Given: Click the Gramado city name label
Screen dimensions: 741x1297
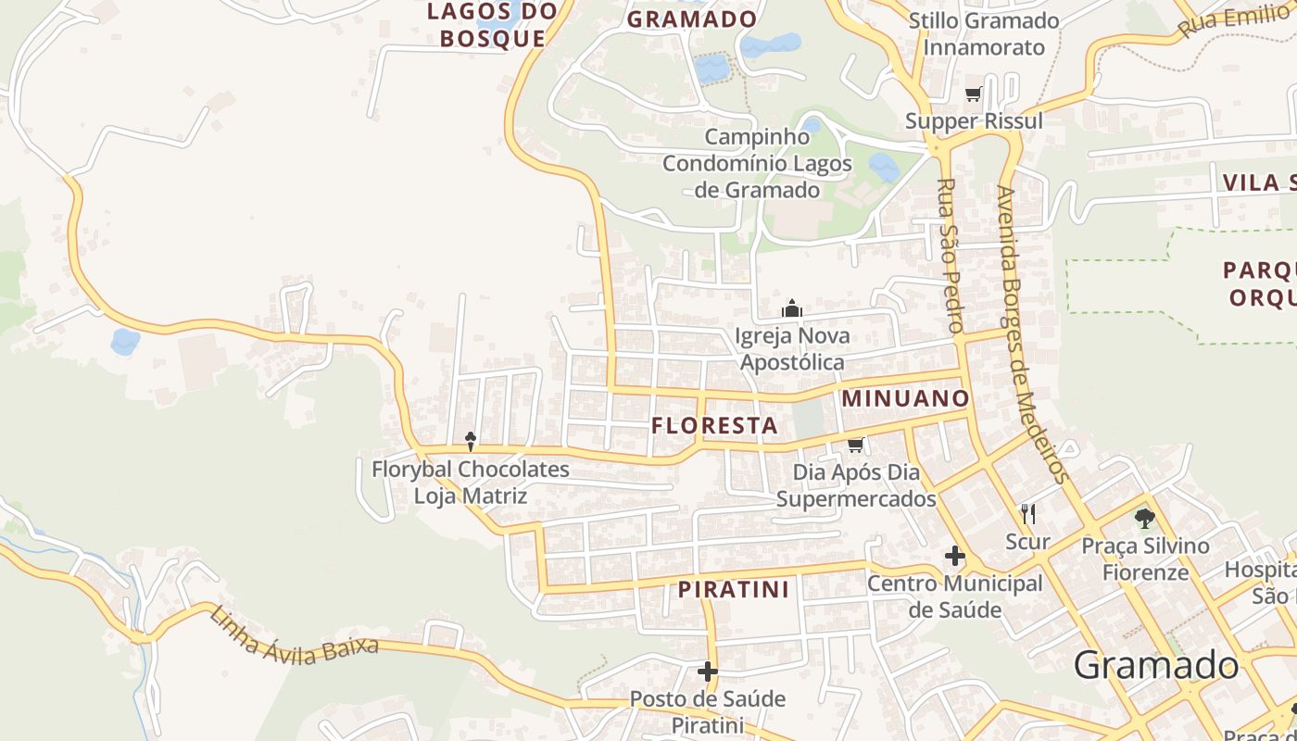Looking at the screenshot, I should coord(1155,665).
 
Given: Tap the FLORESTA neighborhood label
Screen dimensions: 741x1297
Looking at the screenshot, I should coord(714,426).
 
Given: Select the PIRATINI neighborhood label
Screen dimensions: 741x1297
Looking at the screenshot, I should coord(733,589).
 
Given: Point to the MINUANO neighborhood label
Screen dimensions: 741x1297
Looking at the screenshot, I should coord(905,399).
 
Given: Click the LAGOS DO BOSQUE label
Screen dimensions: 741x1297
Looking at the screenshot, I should coord(493,25).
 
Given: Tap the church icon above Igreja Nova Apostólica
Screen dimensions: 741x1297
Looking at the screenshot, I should coord(792,308).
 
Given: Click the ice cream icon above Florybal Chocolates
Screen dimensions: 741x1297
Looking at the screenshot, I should coord(471,441).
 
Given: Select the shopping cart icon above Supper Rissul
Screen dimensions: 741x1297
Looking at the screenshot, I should coord(974,94).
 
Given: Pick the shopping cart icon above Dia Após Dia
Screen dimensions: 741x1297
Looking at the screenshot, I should coord(856,446).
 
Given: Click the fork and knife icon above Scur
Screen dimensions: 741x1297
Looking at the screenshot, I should coord(1027,513).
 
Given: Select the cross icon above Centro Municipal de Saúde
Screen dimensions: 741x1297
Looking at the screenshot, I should coord(954,557).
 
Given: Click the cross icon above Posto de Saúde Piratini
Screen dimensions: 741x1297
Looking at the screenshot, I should coord(708,671).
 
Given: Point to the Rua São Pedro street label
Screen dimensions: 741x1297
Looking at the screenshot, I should coord(951,256).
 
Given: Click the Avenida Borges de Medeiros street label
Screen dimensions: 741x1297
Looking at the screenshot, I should coord(1032,334).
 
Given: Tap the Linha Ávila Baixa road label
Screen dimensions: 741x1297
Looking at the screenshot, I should coord(294,634).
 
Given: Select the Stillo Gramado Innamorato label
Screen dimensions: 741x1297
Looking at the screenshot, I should coord(984,34).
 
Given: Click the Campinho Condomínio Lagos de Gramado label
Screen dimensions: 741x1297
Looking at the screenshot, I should coord(757,164).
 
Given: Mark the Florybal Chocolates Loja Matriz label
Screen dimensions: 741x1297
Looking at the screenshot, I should coord(471,483).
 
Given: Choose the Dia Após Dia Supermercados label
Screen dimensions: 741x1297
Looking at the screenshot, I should coord(856,486).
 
